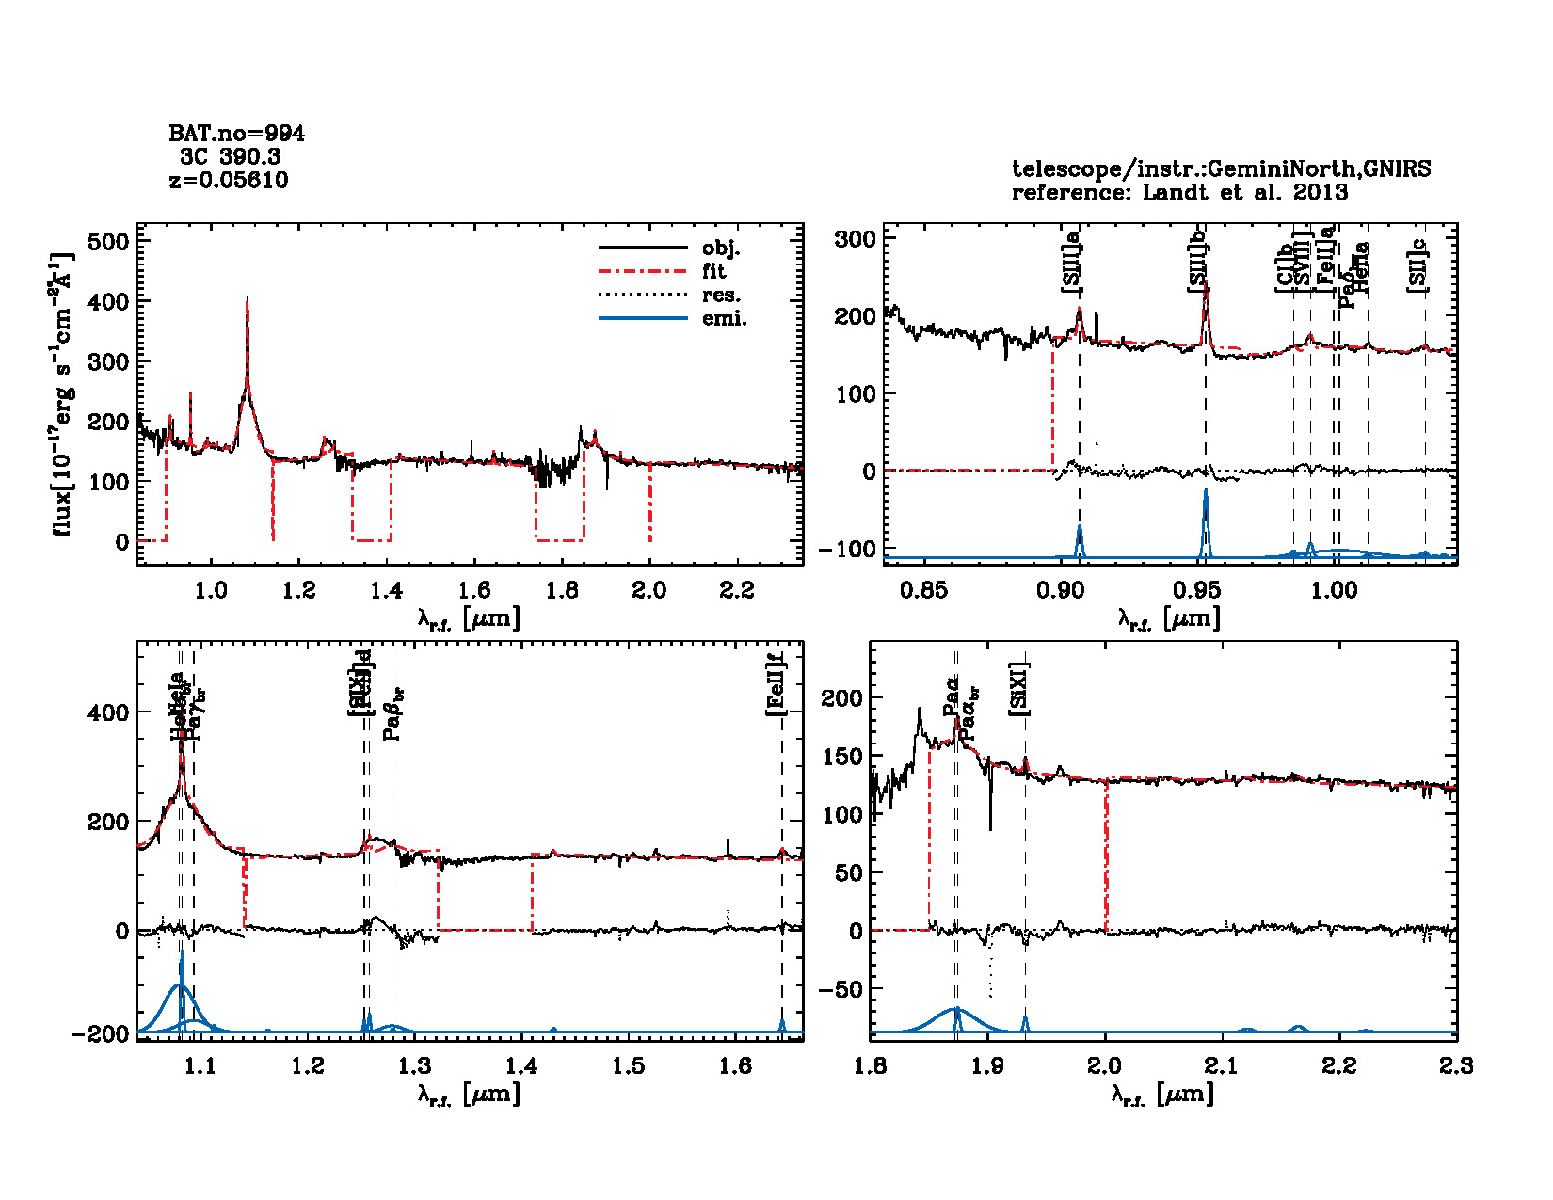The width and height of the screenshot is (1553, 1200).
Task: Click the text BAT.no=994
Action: (236, 134)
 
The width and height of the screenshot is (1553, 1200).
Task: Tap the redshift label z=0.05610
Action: (229, 180)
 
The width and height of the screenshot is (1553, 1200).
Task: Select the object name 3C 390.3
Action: (231, 157)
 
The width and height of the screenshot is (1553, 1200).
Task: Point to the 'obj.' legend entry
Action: (721, 248)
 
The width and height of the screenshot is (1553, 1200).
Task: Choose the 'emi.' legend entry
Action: (724, 319)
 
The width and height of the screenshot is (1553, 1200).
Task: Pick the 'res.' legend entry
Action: (721, 296)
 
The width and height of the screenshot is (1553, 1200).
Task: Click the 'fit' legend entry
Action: (714, 272)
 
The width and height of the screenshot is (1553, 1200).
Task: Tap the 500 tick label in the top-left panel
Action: (107, 242)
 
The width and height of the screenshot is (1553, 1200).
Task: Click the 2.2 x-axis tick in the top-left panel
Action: (736, 591)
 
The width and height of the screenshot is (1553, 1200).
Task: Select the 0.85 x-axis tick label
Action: (923, 591)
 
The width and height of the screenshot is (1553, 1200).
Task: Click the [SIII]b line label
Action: (1198, 266)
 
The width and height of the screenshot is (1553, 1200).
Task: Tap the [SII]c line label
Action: (1417, 266)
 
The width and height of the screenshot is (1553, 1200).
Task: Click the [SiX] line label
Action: (1019, 690)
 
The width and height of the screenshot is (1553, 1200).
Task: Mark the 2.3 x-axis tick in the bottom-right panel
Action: (1456, 1066)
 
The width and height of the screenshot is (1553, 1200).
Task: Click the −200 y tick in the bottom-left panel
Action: (100, 1034)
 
